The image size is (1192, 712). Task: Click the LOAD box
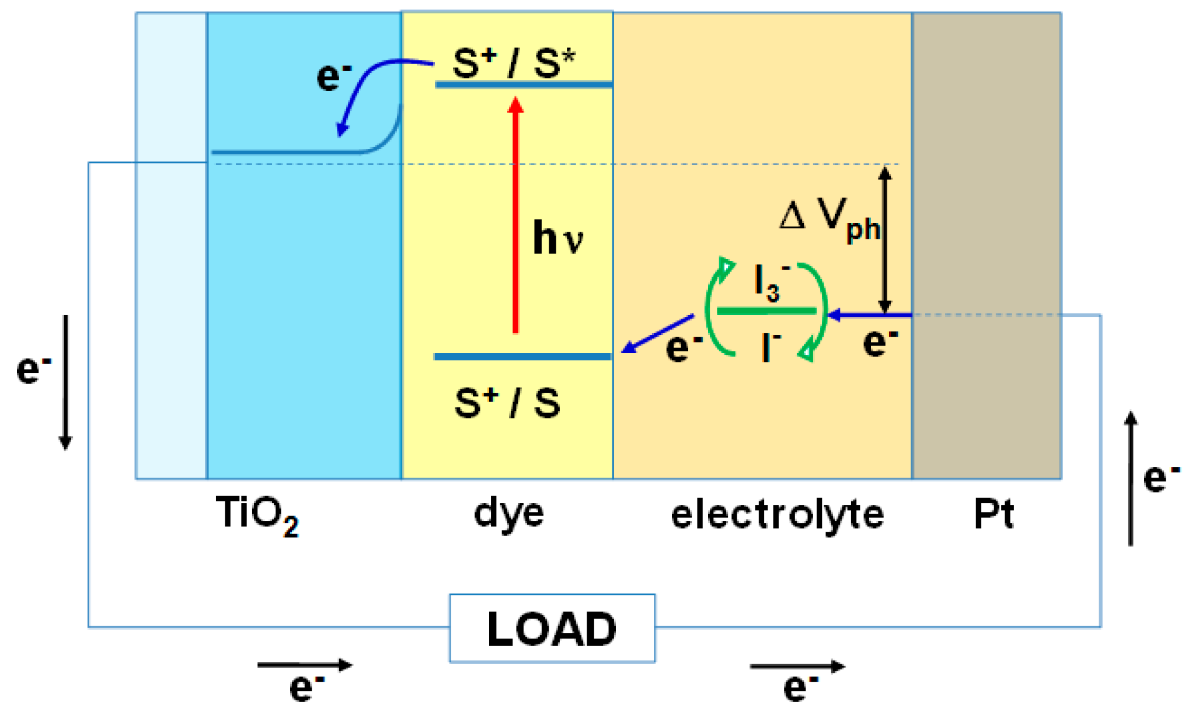552,629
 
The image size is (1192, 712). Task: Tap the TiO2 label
257,514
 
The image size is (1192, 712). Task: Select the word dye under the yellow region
508,514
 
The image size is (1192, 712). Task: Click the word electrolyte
777,514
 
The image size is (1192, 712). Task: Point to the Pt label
994,514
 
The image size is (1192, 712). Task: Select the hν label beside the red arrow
557,238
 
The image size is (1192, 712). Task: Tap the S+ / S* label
514,62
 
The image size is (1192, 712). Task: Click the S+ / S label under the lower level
507,403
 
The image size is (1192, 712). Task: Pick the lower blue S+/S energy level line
522,357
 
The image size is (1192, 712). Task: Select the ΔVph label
829,219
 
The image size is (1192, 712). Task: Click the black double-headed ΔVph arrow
885,239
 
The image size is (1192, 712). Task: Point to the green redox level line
766,311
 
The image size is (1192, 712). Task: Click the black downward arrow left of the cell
65,382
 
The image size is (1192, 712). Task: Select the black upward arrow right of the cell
1131,479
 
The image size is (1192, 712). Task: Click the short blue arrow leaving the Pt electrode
870,315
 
